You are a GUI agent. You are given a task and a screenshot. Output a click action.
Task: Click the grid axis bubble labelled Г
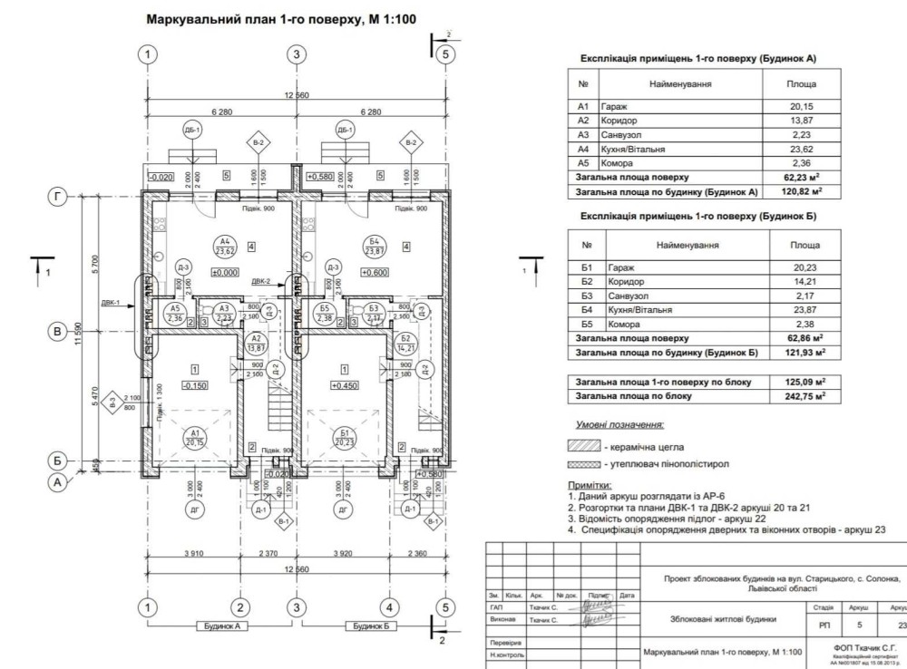pyautogui.click(x=58, y=196)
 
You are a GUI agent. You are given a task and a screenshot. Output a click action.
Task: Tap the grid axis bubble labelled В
pyautogui.click(x=58, y=333)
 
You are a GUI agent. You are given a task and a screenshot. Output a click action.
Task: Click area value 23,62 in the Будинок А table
pyautogui.click(x=802, y=149)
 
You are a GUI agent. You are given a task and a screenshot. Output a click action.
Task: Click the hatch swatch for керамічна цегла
pyautogui.click(x=583, y=447)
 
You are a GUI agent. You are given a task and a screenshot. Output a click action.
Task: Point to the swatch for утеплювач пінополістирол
pyautogui.click(x=583, y=464)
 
